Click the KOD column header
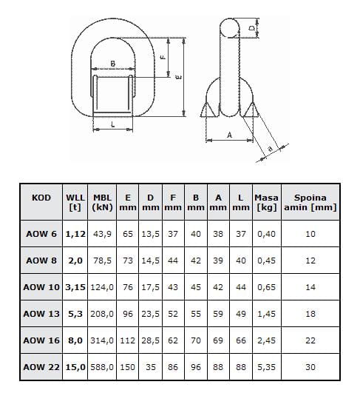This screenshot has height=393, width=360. click(x=41, y=198)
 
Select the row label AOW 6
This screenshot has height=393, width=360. click(x=41, y=234)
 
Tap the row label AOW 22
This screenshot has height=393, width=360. click(x=41, y=367)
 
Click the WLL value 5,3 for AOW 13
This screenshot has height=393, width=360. click(x=75, y=314)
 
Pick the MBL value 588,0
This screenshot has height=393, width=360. click(x=102, y=367)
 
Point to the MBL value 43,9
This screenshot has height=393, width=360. click(x=102, y=234)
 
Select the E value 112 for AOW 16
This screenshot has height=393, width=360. click(x=127, y=340)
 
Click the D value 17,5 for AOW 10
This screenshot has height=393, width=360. click(x=150, y=287)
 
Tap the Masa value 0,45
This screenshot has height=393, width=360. click(x=266, y=261)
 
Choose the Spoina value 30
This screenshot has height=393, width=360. click(x=310, y=367)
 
